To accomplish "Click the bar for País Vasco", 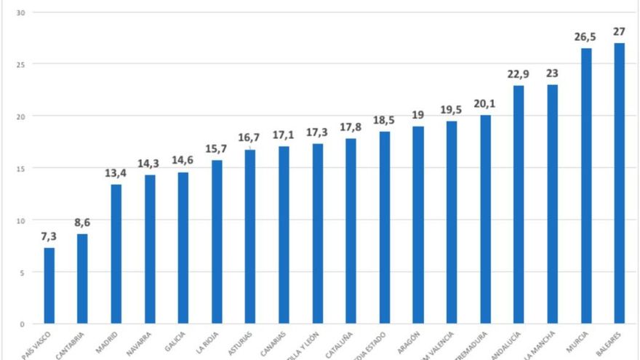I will pos(49,285).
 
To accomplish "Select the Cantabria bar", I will pos(82,279).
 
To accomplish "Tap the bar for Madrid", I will pos(116,254).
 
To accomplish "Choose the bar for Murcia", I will pos(585,185).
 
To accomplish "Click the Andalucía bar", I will pos(519,204).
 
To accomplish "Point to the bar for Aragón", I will pos(417,225).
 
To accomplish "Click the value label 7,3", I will pos(49,237).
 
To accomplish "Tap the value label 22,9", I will pos(519,75).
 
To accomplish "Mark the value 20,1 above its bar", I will pos(484,104).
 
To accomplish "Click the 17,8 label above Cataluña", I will pos(351,127).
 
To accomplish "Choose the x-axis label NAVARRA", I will pos(140,342).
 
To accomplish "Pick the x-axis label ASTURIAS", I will pos(241,342).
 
